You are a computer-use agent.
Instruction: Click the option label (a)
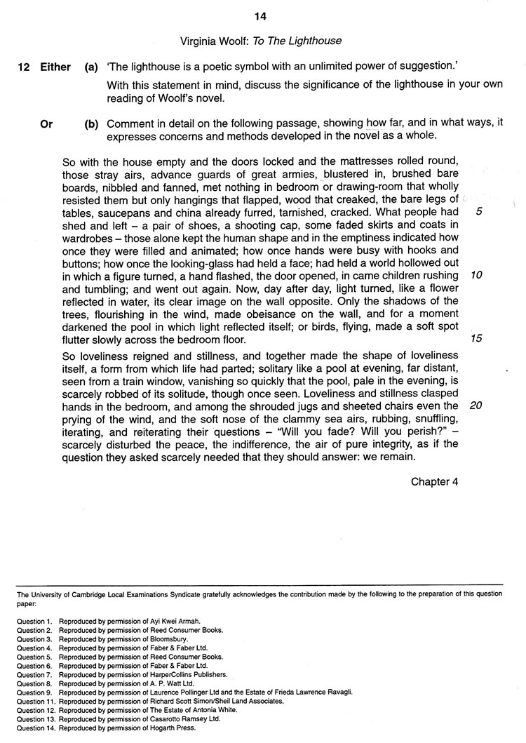pyautogui.click(x=91, y=67)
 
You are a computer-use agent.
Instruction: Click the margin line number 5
pyautogui.click(x=478, y=212)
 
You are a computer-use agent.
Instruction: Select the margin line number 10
pyautogui.click(x=477, y=275)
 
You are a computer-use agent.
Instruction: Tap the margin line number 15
pyautogui.click(x=477, y=339)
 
